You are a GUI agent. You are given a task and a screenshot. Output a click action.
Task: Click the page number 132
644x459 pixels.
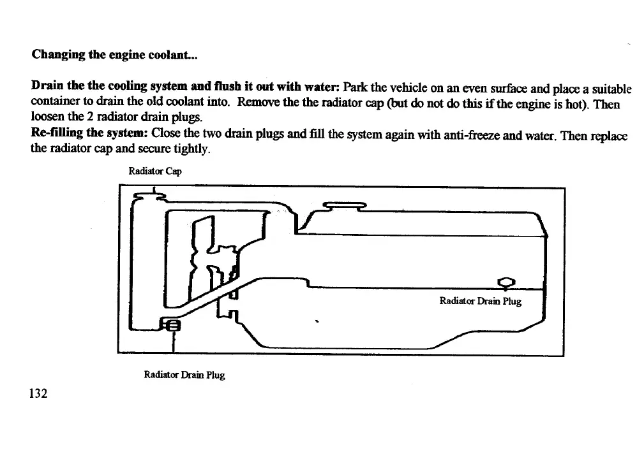coord(39,393)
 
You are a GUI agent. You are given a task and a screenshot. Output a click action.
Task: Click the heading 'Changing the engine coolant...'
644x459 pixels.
coord(115,55)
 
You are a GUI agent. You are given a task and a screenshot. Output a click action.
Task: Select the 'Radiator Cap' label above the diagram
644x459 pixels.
coord(151,171)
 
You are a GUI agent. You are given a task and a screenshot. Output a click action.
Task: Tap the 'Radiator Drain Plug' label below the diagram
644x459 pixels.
coord(184,375)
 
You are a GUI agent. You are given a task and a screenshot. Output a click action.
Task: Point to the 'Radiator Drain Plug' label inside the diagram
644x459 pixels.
coord(481,301)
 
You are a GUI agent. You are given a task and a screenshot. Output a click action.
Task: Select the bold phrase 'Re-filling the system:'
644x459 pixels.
coord(89,135)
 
